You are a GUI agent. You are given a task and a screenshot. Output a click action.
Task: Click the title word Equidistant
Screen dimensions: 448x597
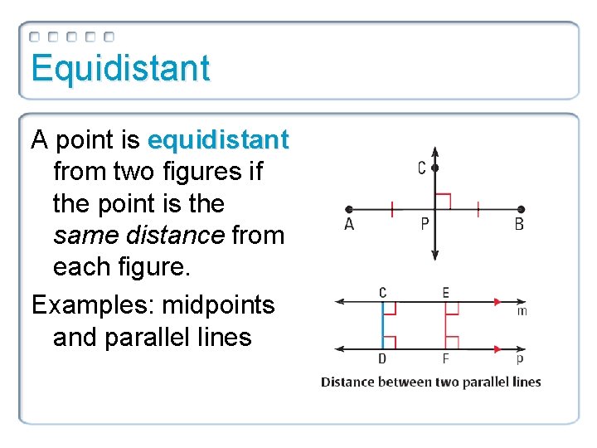click(x=120, y=68)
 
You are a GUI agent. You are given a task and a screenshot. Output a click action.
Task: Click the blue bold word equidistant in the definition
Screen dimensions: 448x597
click(x=217, y=140)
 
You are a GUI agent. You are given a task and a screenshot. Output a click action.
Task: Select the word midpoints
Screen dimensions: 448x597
click(x=218, y=305)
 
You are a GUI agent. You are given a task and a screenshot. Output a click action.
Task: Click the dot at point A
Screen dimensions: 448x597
click(x=349, y=209)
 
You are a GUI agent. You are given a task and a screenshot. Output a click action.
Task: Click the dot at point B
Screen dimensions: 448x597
click(x=520, y=209)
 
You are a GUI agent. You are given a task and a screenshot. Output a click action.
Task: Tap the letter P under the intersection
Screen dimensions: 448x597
click(x=425, y=225)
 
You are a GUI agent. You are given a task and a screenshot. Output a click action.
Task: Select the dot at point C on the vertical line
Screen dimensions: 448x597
click(x=435, y=168)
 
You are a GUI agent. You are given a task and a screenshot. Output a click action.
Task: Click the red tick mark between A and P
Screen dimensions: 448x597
click(x=391, y=209)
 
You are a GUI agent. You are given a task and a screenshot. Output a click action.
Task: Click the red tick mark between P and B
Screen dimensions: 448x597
click(x=478, y=209)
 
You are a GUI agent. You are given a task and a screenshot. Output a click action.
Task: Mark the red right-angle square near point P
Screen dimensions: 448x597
click(x=443, y=201)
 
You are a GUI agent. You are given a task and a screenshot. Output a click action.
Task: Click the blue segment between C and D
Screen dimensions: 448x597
click(x=383, y=325)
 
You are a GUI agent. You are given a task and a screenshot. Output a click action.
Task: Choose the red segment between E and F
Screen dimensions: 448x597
click(x=445, y=325)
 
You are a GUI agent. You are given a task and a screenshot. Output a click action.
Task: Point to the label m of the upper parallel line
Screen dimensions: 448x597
click(x=522, y=311)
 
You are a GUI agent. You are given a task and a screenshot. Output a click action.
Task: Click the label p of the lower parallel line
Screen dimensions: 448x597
click(x=520, y=359)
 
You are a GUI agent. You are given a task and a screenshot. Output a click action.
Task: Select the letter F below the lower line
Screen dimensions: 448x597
click(x=445, y=360)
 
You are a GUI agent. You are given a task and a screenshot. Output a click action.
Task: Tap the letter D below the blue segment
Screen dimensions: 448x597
click(x=382, y=360)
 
